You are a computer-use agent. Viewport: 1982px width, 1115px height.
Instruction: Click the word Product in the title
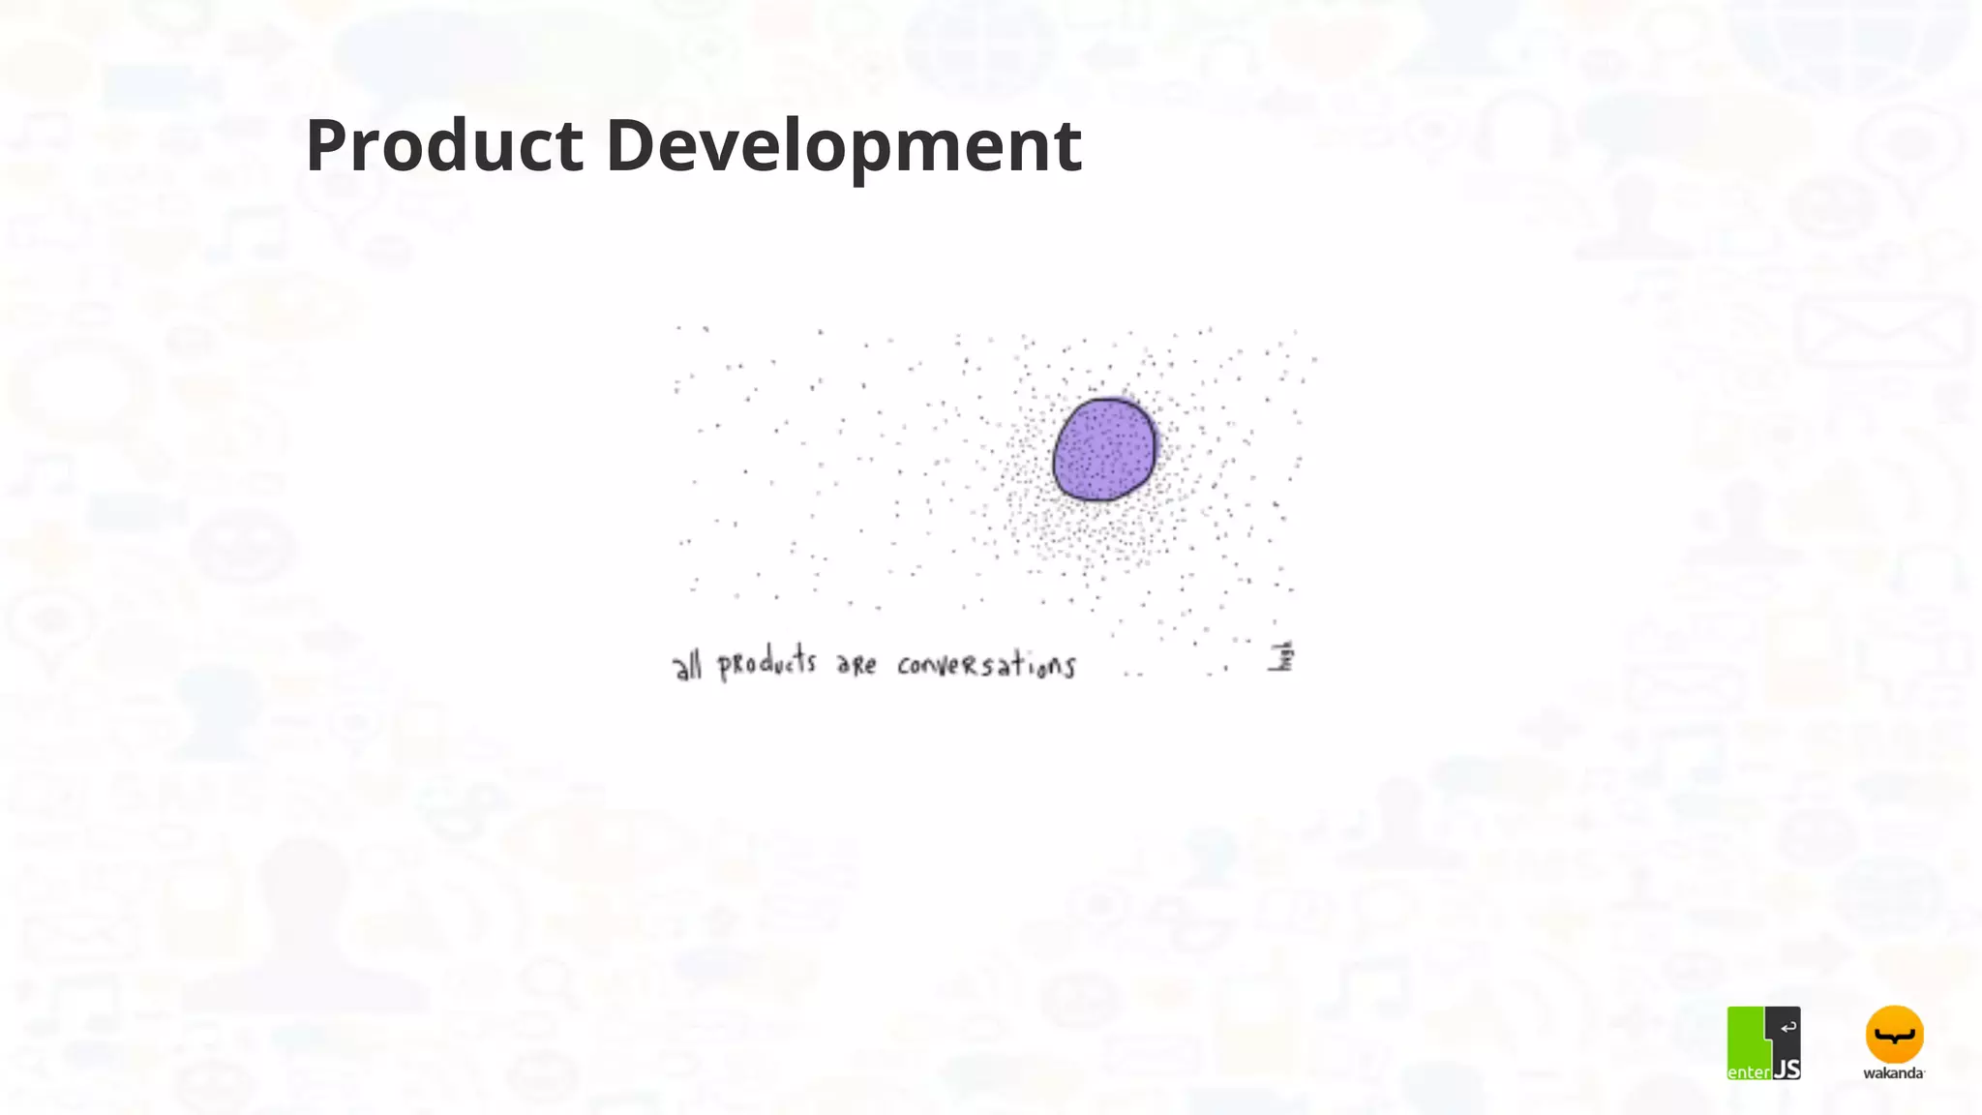pos(444,145)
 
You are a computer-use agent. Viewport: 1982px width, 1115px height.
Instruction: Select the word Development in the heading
pos(843,145)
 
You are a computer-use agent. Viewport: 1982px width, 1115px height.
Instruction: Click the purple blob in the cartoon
pos(1104,450)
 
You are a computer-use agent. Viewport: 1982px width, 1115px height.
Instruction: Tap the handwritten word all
pos(687,666)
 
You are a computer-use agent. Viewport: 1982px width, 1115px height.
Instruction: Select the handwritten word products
pos(766,665)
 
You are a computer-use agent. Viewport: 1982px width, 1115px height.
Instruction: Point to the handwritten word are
pos(856,665)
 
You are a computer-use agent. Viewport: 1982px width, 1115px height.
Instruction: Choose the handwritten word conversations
pos(985,665)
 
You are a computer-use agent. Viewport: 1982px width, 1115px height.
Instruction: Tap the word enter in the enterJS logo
pos(1749,1071)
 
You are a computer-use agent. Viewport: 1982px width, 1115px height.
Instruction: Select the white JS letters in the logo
pos(1787,1069)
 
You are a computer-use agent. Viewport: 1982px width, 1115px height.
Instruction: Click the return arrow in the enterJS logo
pos(1788,1027)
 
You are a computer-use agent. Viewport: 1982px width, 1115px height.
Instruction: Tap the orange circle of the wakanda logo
pos(1894,1035)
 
